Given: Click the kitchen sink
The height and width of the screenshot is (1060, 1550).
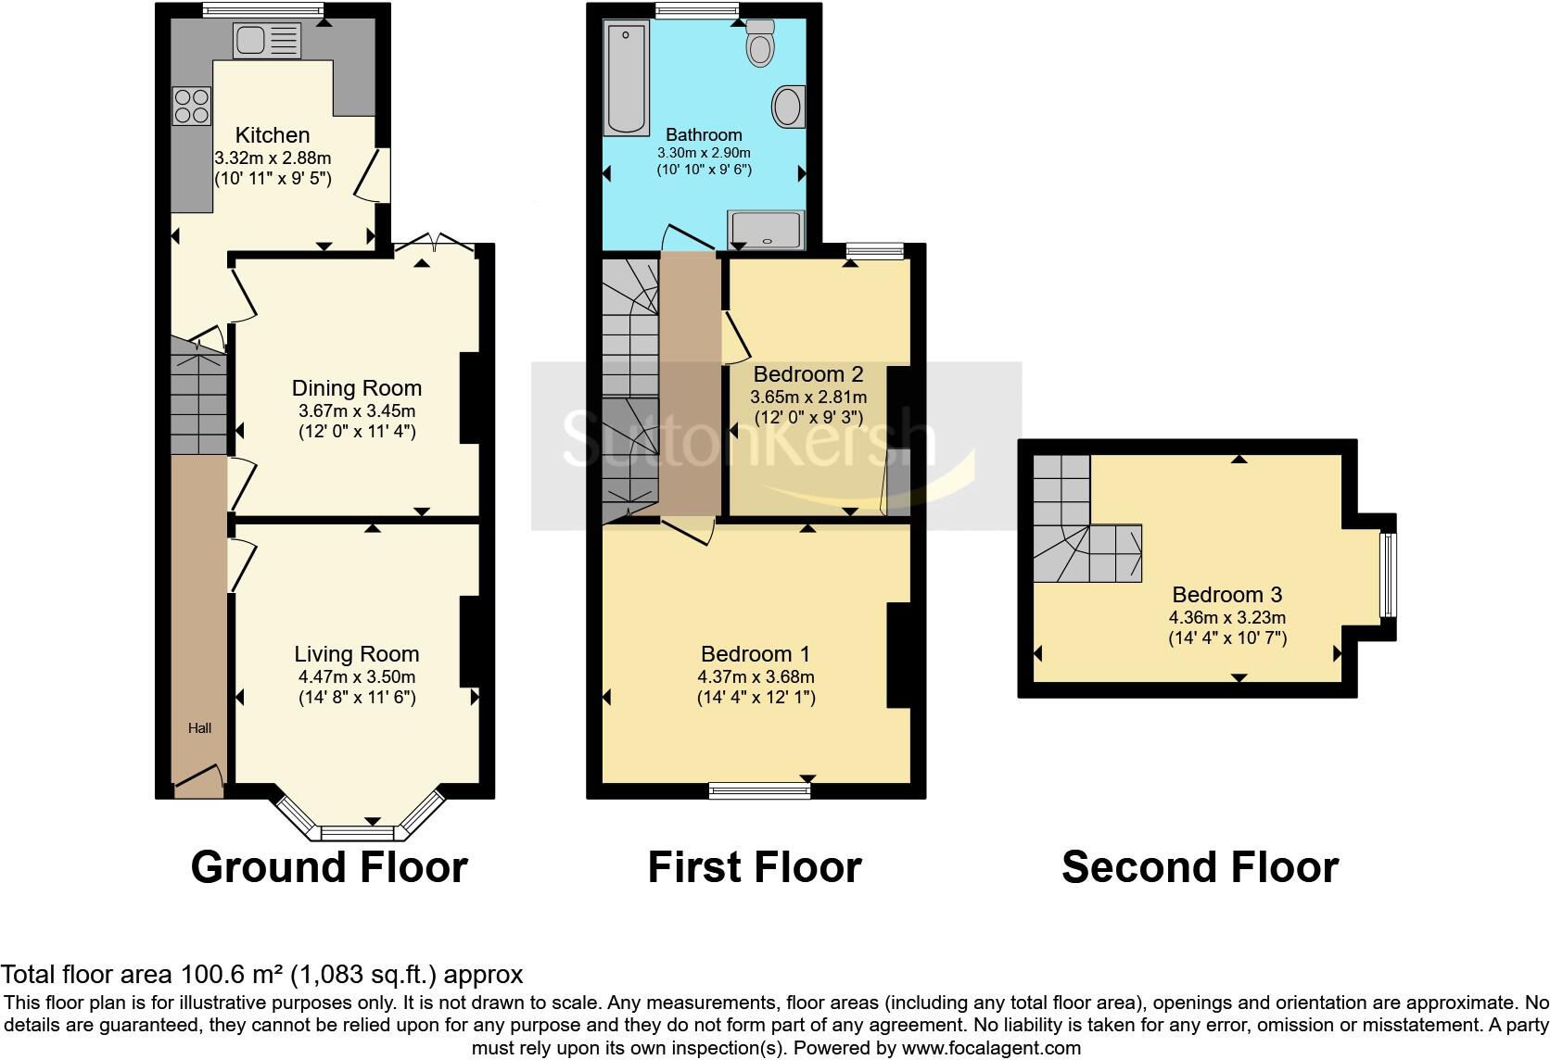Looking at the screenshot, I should (x=268, y=41).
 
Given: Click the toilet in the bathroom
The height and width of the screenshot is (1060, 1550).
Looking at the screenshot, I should (x=760, y=44).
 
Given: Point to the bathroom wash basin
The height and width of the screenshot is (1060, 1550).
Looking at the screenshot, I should (x=789, y=107).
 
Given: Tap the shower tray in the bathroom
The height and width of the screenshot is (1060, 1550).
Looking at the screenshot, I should (x=766, y=230).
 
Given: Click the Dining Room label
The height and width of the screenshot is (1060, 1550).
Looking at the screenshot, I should (x=357, y=388).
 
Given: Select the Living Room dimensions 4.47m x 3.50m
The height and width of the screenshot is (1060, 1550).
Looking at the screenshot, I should (x=357, y=676).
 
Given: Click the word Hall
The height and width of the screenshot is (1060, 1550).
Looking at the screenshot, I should (x=199, y=728).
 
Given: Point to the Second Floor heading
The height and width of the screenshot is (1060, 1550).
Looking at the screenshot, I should (x=1200, y=867).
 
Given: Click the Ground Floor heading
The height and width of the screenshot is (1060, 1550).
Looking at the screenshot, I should (x=329, y=867).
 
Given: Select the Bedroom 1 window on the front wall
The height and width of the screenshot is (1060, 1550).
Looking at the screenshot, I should (x=759, y=790).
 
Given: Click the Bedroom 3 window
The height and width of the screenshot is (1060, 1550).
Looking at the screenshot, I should (x=1387, y=574).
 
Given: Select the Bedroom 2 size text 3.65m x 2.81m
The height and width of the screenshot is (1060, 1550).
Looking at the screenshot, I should (x=808, y=397).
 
